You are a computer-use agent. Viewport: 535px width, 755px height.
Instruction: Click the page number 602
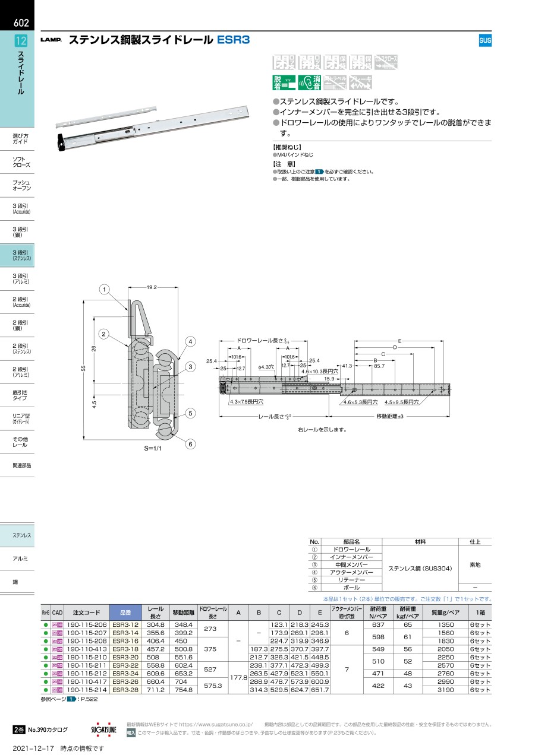pos(21,24)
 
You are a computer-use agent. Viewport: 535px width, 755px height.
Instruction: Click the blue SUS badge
pos(485,41)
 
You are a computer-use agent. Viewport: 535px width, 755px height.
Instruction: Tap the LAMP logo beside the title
pos(51,41)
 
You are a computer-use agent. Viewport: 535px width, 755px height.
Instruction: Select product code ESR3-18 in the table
pos(125,649)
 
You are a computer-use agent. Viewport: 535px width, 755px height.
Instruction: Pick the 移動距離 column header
pos(182,613)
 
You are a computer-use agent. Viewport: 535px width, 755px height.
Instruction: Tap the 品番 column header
pos(125,613)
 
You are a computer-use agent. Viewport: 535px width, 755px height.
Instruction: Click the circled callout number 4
pos(190,341)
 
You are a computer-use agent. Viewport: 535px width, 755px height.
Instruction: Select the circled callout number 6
pos(190,444)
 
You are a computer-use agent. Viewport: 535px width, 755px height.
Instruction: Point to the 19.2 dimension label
pos(150,287)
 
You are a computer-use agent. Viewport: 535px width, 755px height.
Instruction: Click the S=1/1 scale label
pos(154,448)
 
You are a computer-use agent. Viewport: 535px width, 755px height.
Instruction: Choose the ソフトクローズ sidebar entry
pos(21,162)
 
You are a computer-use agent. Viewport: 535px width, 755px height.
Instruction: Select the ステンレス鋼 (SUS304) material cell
pos(420,569)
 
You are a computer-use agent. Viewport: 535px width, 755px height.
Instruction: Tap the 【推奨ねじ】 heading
pos(287,147)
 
